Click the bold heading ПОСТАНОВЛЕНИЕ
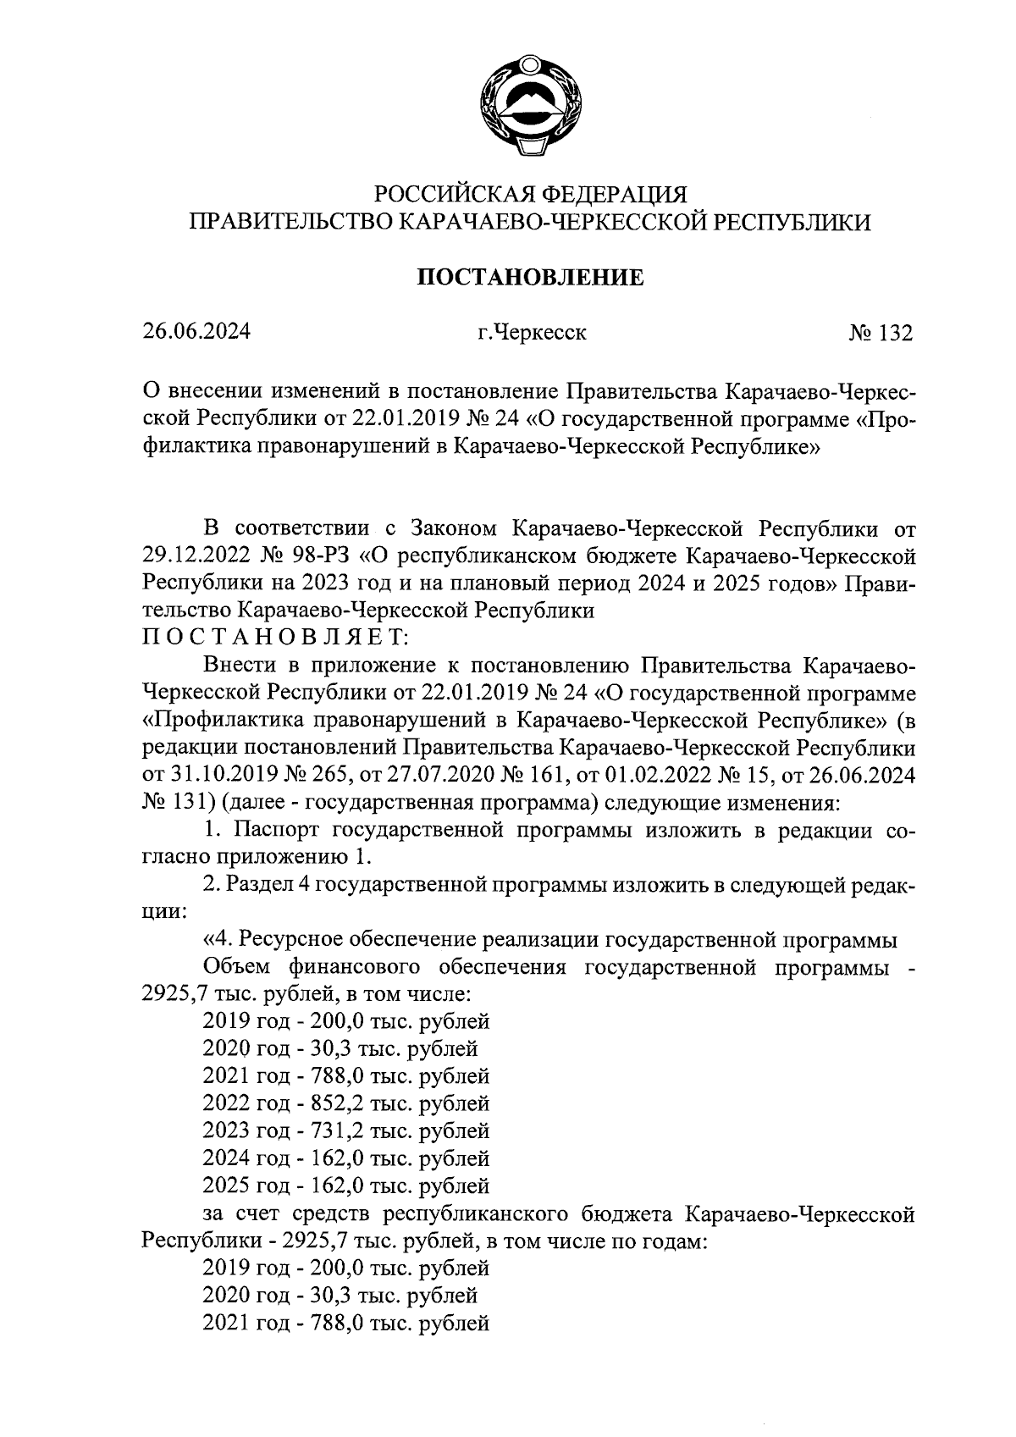tap(528, 277)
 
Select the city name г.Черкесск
tap(531, 333)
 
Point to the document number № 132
tap(881, 333)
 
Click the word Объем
tap(235, 967)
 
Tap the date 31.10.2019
tap(196, 775)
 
